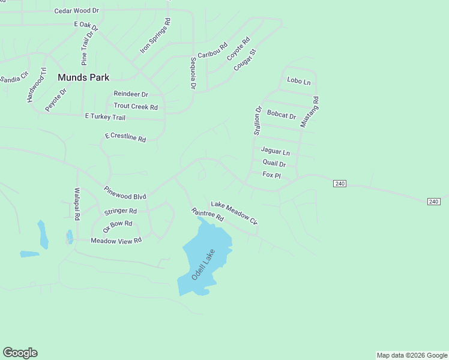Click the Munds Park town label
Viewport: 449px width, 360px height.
[83, 77]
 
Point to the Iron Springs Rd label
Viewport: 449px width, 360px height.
[155, 37]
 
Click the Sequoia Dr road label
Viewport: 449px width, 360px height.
[193, 73]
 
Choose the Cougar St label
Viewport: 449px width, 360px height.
[245, 61]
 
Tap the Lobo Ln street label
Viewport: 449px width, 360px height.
[299, 80]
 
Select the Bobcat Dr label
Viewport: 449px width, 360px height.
[282, 115]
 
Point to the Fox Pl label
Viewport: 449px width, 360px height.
[272, 175]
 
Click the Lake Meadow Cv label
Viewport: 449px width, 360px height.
[234, 213]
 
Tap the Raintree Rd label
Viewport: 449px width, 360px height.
[207, 214]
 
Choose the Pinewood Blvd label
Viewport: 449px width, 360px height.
[125, 193]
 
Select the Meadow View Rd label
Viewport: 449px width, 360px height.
[116, 241]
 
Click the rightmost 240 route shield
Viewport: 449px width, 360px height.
[434, 202]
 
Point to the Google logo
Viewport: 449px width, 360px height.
[20, 353]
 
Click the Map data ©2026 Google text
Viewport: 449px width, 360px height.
[412, 355]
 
